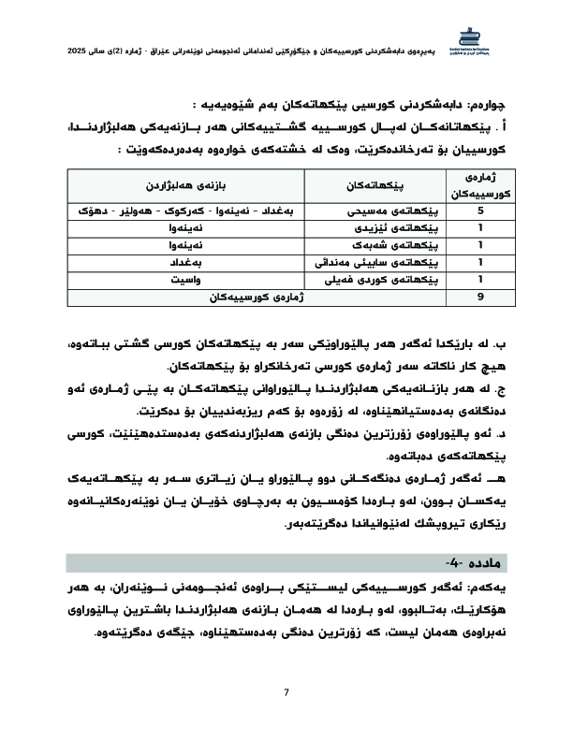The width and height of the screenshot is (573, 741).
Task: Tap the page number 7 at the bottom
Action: coord(286,691)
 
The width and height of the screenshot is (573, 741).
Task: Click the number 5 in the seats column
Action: coord(480,211)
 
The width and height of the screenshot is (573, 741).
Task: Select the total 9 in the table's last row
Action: coord(480,297)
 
